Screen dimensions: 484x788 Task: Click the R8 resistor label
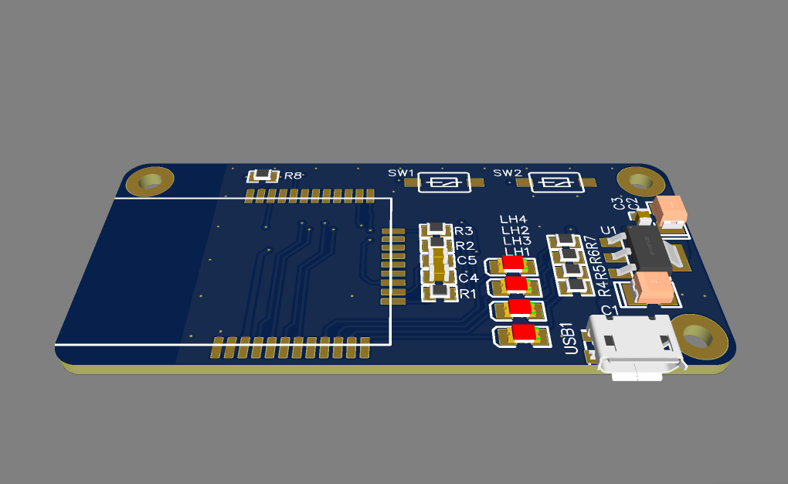click(x=293, y=176)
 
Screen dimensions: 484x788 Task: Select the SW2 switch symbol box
click(x=555, y=182)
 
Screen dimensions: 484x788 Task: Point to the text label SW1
click(x=401, y=172)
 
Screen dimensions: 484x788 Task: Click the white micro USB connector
click(x=634, y=347)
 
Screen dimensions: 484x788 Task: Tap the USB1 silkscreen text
click(x=572, y=338)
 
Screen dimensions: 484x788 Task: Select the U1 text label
click(x=609, y=230)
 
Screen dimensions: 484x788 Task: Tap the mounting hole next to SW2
click(x=640, y=182)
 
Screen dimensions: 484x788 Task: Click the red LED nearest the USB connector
click(x=524, y=334)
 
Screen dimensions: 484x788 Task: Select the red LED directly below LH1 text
click(x=513, y=264)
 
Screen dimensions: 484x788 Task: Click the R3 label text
click(x=464, y=231)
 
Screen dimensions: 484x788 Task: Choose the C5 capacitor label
click(x=467, y=261)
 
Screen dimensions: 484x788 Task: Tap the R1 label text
click(x=468, y=294)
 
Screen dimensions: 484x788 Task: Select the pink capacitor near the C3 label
click(x=670, y=208)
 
